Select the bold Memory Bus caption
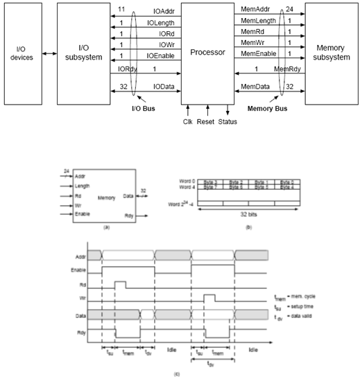pos(267,109)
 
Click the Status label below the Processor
pos(228,122)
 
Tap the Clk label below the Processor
pos(187,122)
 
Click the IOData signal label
pos(164,87)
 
